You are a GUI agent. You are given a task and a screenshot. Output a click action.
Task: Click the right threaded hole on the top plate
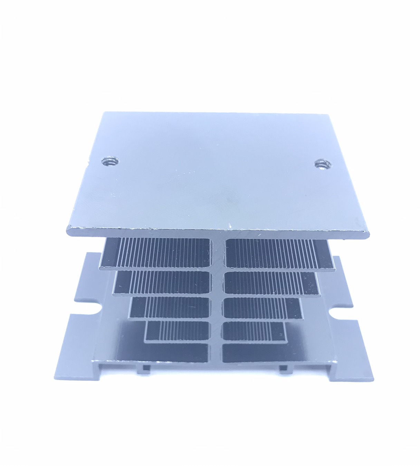(x=322, y=164)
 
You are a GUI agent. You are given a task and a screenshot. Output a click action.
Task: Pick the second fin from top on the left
(x=162, y=283)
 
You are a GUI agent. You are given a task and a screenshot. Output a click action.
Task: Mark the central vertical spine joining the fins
(x=217, y=297)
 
